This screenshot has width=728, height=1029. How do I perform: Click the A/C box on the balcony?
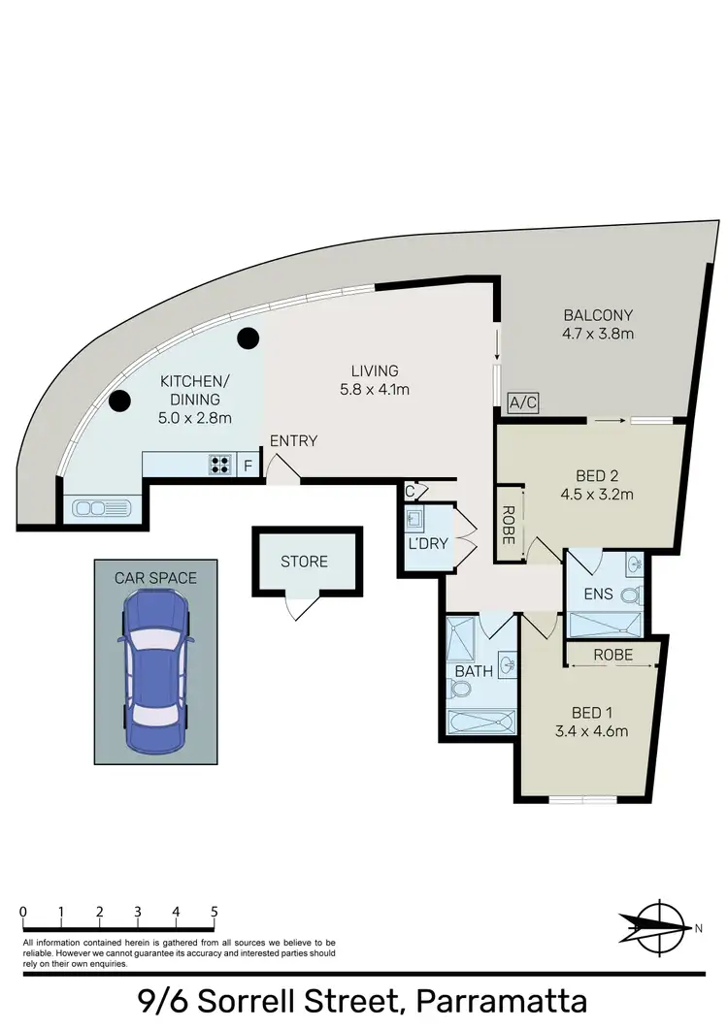tap(522, 402)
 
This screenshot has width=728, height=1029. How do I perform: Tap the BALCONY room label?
tap(598, 315)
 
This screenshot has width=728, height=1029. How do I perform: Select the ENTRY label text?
tap(293, 441)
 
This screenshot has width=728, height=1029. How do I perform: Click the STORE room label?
tap(305, 562)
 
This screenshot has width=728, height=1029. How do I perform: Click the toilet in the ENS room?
tap(628, 595)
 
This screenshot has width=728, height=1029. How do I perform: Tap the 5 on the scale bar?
tap(214, 912)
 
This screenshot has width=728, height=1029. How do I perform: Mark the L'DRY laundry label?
tap(428, 543)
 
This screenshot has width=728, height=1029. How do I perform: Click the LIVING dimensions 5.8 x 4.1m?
tap(376, 389)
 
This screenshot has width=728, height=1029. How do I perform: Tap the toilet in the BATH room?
tap(460, 690)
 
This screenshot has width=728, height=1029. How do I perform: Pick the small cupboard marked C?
tap(412, 490)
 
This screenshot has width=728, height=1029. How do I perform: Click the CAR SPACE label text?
tap(155, 578)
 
